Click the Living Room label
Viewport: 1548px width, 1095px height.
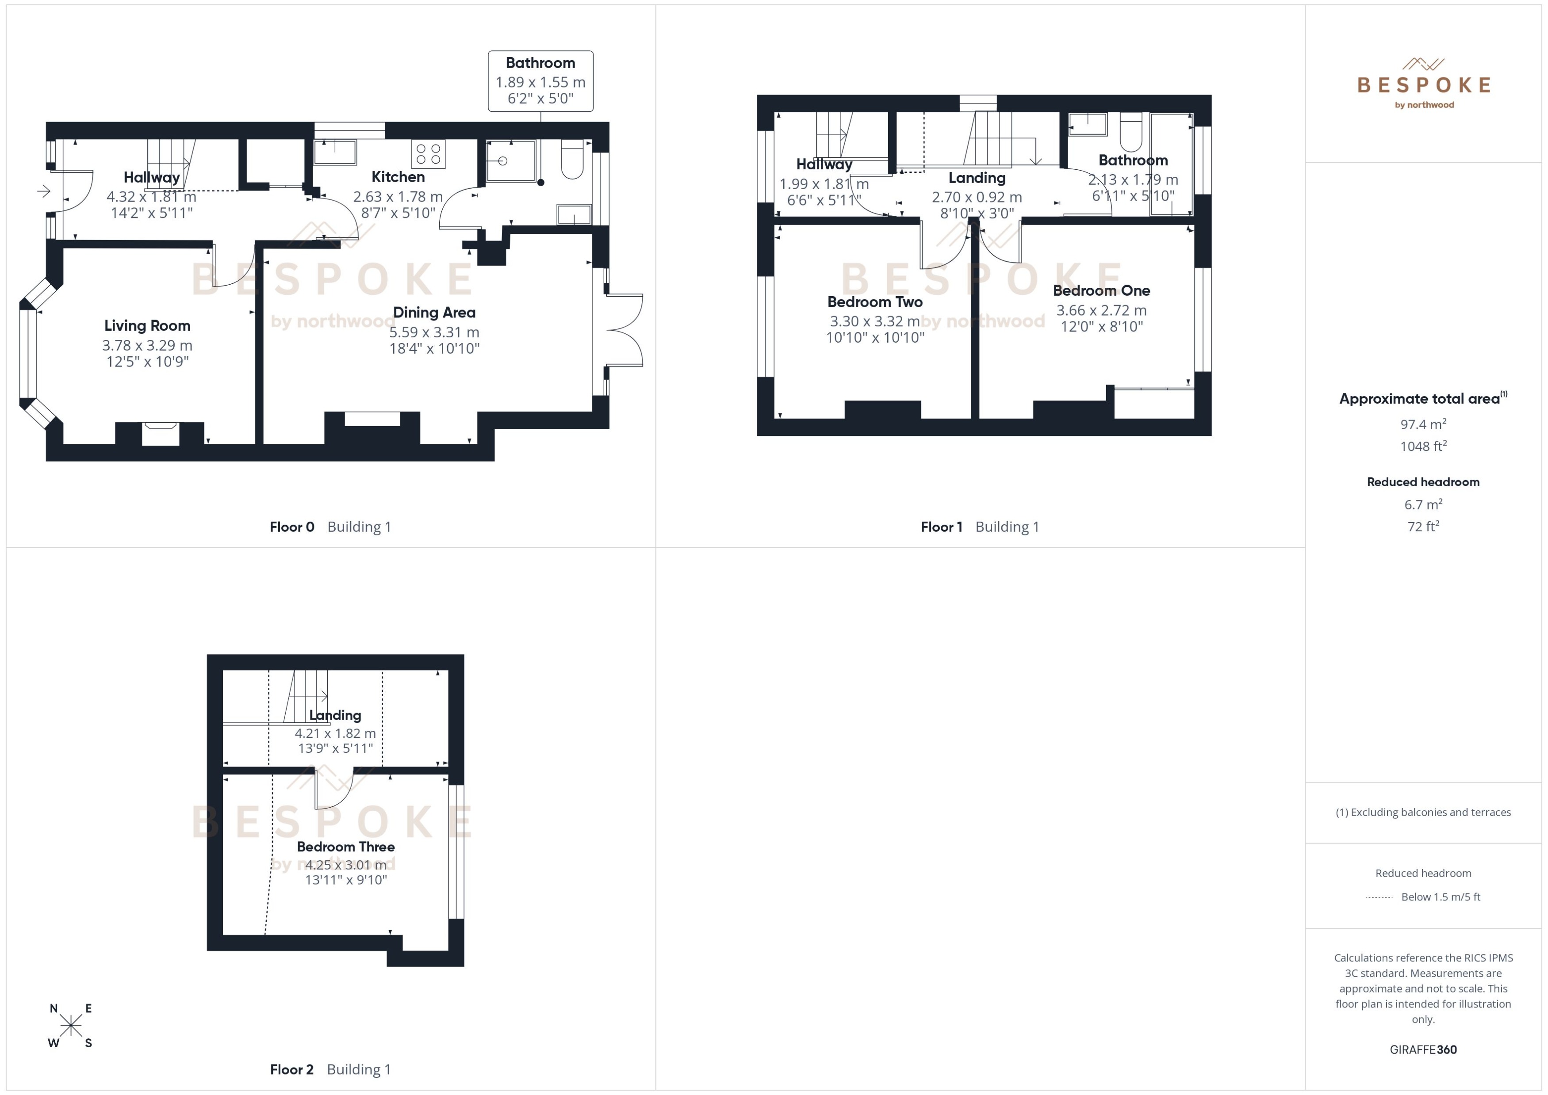[x=147, y=326]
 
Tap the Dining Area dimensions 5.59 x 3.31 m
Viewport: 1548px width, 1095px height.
[x=434, y=332]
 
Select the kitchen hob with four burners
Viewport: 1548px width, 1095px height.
[x=428, y=154]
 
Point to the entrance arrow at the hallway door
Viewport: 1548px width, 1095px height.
[x=44, y=191]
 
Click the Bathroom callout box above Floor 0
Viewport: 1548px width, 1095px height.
[x=540, y=81]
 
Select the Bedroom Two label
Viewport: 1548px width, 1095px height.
[x=875, y=302]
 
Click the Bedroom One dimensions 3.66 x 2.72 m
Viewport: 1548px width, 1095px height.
[x=1101, y=311]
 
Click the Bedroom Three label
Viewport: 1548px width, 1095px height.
[x=345, y=847]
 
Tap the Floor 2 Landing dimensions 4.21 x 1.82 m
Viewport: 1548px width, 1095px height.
[x=335, y=733]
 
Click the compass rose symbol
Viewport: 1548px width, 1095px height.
[x=71, y=1026]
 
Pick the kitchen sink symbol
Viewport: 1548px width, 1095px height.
[x=335, y=153]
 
